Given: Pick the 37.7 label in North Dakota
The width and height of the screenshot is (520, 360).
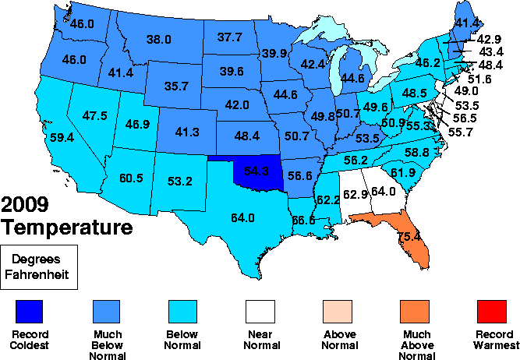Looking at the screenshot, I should pos(229,37).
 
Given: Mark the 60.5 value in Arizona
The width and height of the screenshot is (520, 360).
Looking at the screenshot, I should pos(130,178).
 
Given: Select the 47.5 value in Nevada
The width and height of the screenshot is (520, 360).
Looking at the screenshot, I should pos(94,115).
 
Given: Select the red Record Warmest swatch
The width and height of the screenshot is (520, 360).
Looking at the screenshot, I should pos(491,313).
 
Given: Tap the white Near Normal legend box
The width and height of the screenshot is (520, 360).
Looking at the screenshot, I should pos(260,313).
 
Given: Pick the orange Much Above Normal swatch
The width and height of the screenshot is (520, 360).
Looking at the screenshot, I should pos(414,313).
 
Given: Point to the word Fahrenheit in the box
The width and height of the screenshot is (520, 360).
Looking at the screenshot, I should pos(39,274).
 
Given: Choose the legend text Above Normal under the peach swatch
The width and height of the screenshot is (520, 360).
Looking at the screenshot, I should pos(338,340).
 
